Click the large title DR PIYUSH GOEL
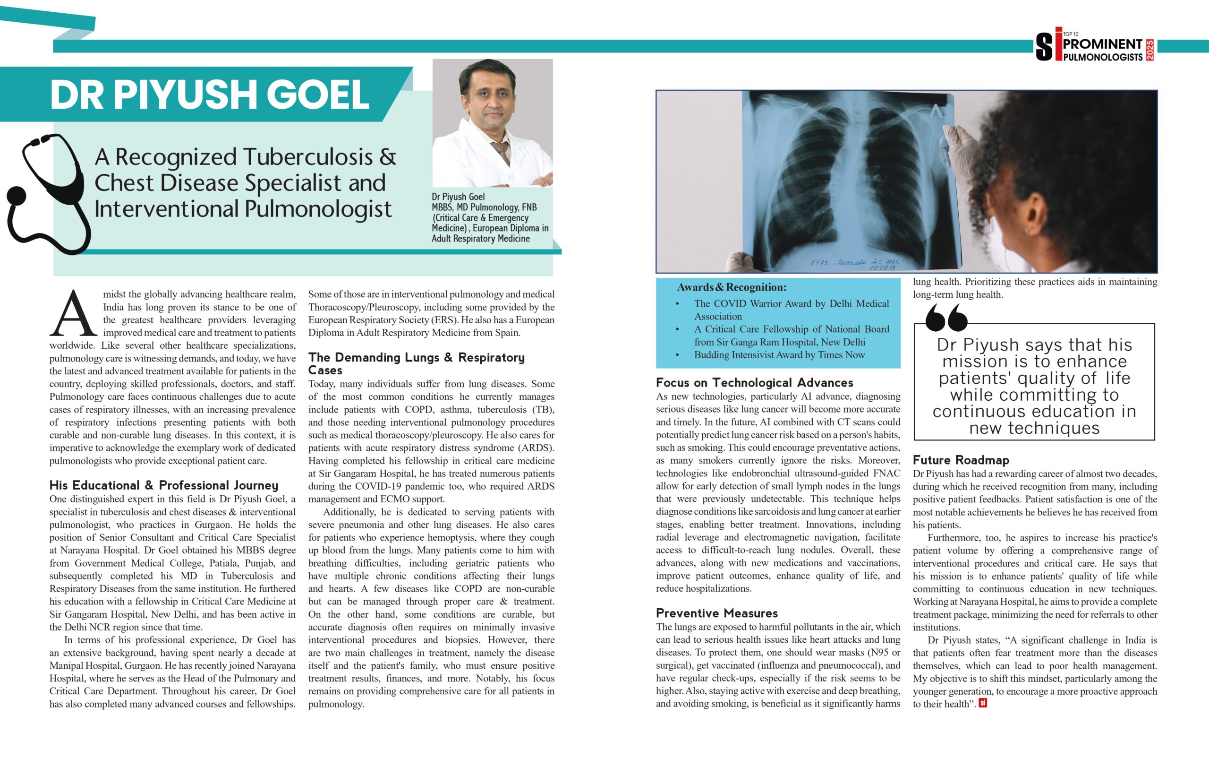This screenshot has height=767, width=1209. click(x=210, y=95)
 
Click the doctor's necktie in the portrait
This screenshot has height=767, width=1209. click(x=501, y=151)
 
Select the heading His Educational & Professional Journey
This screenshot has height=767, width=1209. click(x=164, y=485)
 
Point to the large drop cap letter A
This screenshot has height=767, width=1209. click(x=73, y=313)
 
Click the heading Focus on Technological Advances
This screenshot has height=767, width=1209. click(x=754, y=383)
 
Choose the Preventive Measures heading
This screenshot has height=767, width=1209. click(x=716, y=613)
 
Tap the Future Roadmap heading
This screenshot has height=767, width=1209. click(x=961, y=460)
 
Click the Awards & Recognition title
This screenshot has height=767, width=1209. click(x=732, y=287)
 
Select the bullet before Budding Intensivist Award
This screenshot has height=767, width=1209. click(x=678, y=355)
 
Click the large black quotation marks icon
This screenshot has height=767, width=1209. click(x=946, y=318)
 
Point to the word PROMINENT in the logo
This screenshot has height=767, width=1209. click(x=1103, y=44)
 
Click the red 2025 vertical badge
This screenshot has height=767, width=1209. click(x=1150, y=50)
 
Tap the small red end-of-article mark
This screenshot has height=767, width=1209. click(x=983, y=703)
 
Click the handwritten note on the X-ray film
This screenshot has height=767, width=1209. click(x=854, y=264)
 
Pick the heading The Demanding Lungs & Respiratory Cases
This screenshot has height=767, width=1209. click(x=416, y=364)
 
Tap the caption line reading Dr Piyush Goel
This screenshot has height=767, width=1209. click(x=458, y=197)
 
